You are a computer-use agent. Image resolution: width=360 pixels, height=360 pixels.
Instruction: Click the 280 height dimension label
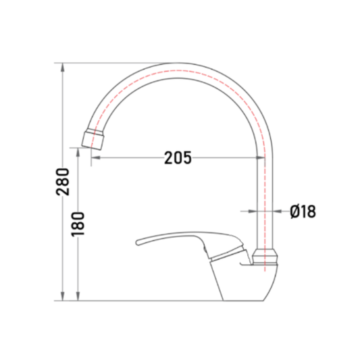click(x=62, y=182)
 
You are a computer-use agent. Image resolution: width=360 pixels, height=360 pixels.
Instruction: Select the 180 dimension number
click(x=78, y=224)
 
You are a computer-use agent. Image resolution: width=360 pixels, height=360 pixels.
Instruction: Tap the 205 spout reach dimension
click(x=178, y=158)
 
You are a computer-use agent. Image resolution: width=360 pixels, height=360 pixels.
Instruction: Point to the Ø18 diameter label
click(x=303, y=211)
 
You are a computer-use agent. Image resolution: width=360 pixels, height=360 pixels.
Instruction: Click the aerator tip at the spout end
click(x=93, y=140)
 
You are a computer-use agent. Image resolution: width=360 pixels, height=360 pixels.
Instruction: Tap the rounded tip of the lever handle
click(x=138, y=242)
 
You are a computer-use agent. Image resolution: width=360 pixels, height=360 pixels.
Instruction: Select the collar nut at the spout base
click(x=265, y=257)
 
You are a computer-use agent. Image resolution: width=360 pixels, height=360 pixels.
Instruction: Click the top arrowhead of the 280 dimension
click(x=62, y=67)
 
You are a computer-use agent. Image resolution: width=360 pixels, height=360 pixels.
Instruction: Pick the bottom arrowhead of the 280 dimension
click(x=62, y=297)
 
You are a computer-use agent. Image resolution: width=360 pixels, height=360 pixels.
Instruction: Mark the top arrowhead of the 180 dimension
click(x=78, y=152)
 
